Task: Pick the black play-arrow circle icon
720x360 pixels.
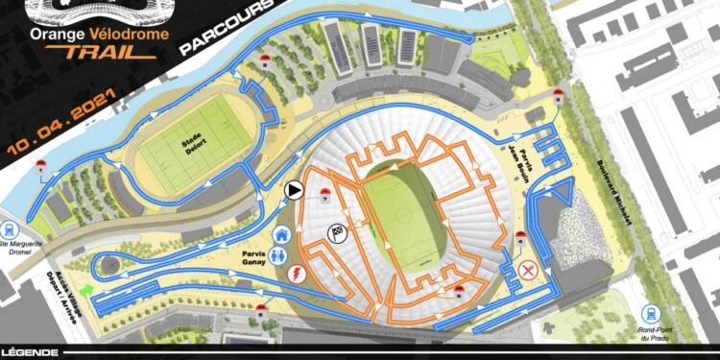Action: [x=294, y=190]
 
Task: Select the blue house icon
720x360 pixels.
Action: [x=282, y=232]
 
